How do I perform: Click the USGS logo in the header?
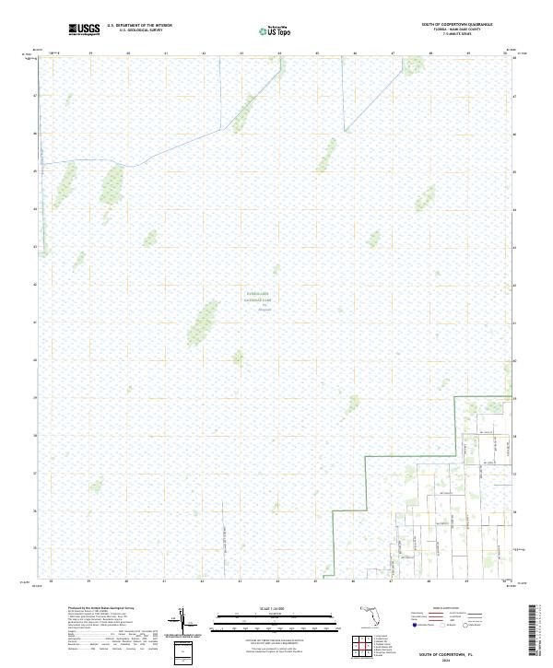point(84,30)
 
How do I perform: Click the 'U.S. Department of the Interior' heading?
point(139,26)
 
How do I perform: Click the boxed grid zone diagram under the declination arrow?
point(183,651)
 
